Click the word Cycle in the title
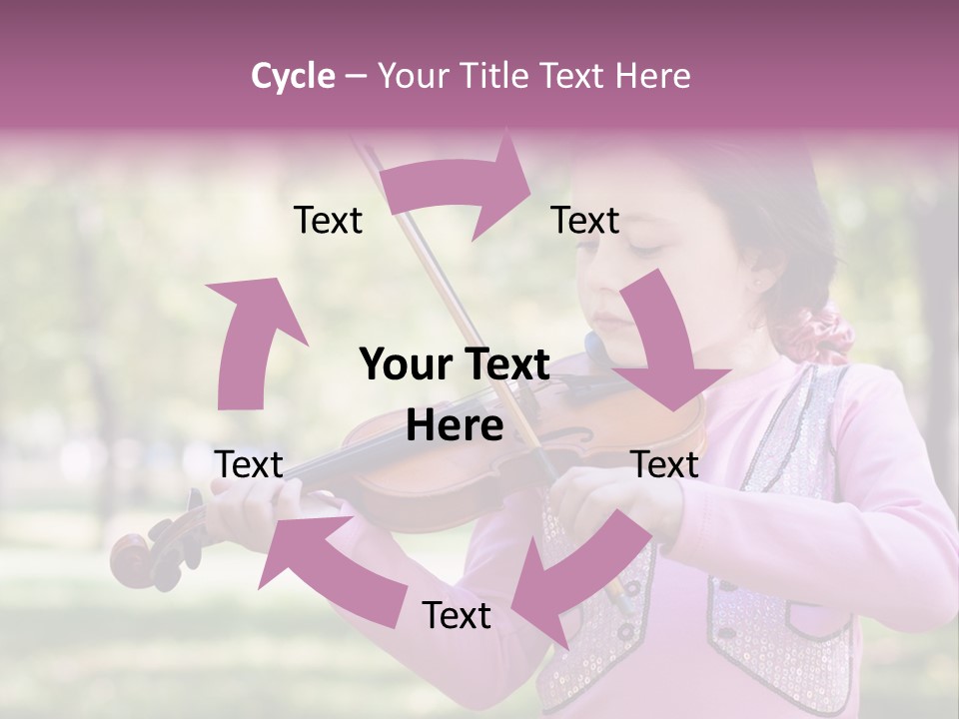(293, 76)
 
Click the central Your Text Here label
(455, 394)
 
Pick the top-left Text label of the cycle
(328, 220)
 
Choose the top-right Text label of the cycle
(585, 220)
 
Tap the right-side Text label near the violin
(665, 464)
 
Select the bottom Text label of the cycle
(457, 615)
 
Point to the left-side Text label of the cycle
(250, 464)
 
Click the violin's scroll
(136, 559)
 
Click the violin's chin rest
(599, 350)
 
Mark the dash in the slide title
(356, 76)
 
